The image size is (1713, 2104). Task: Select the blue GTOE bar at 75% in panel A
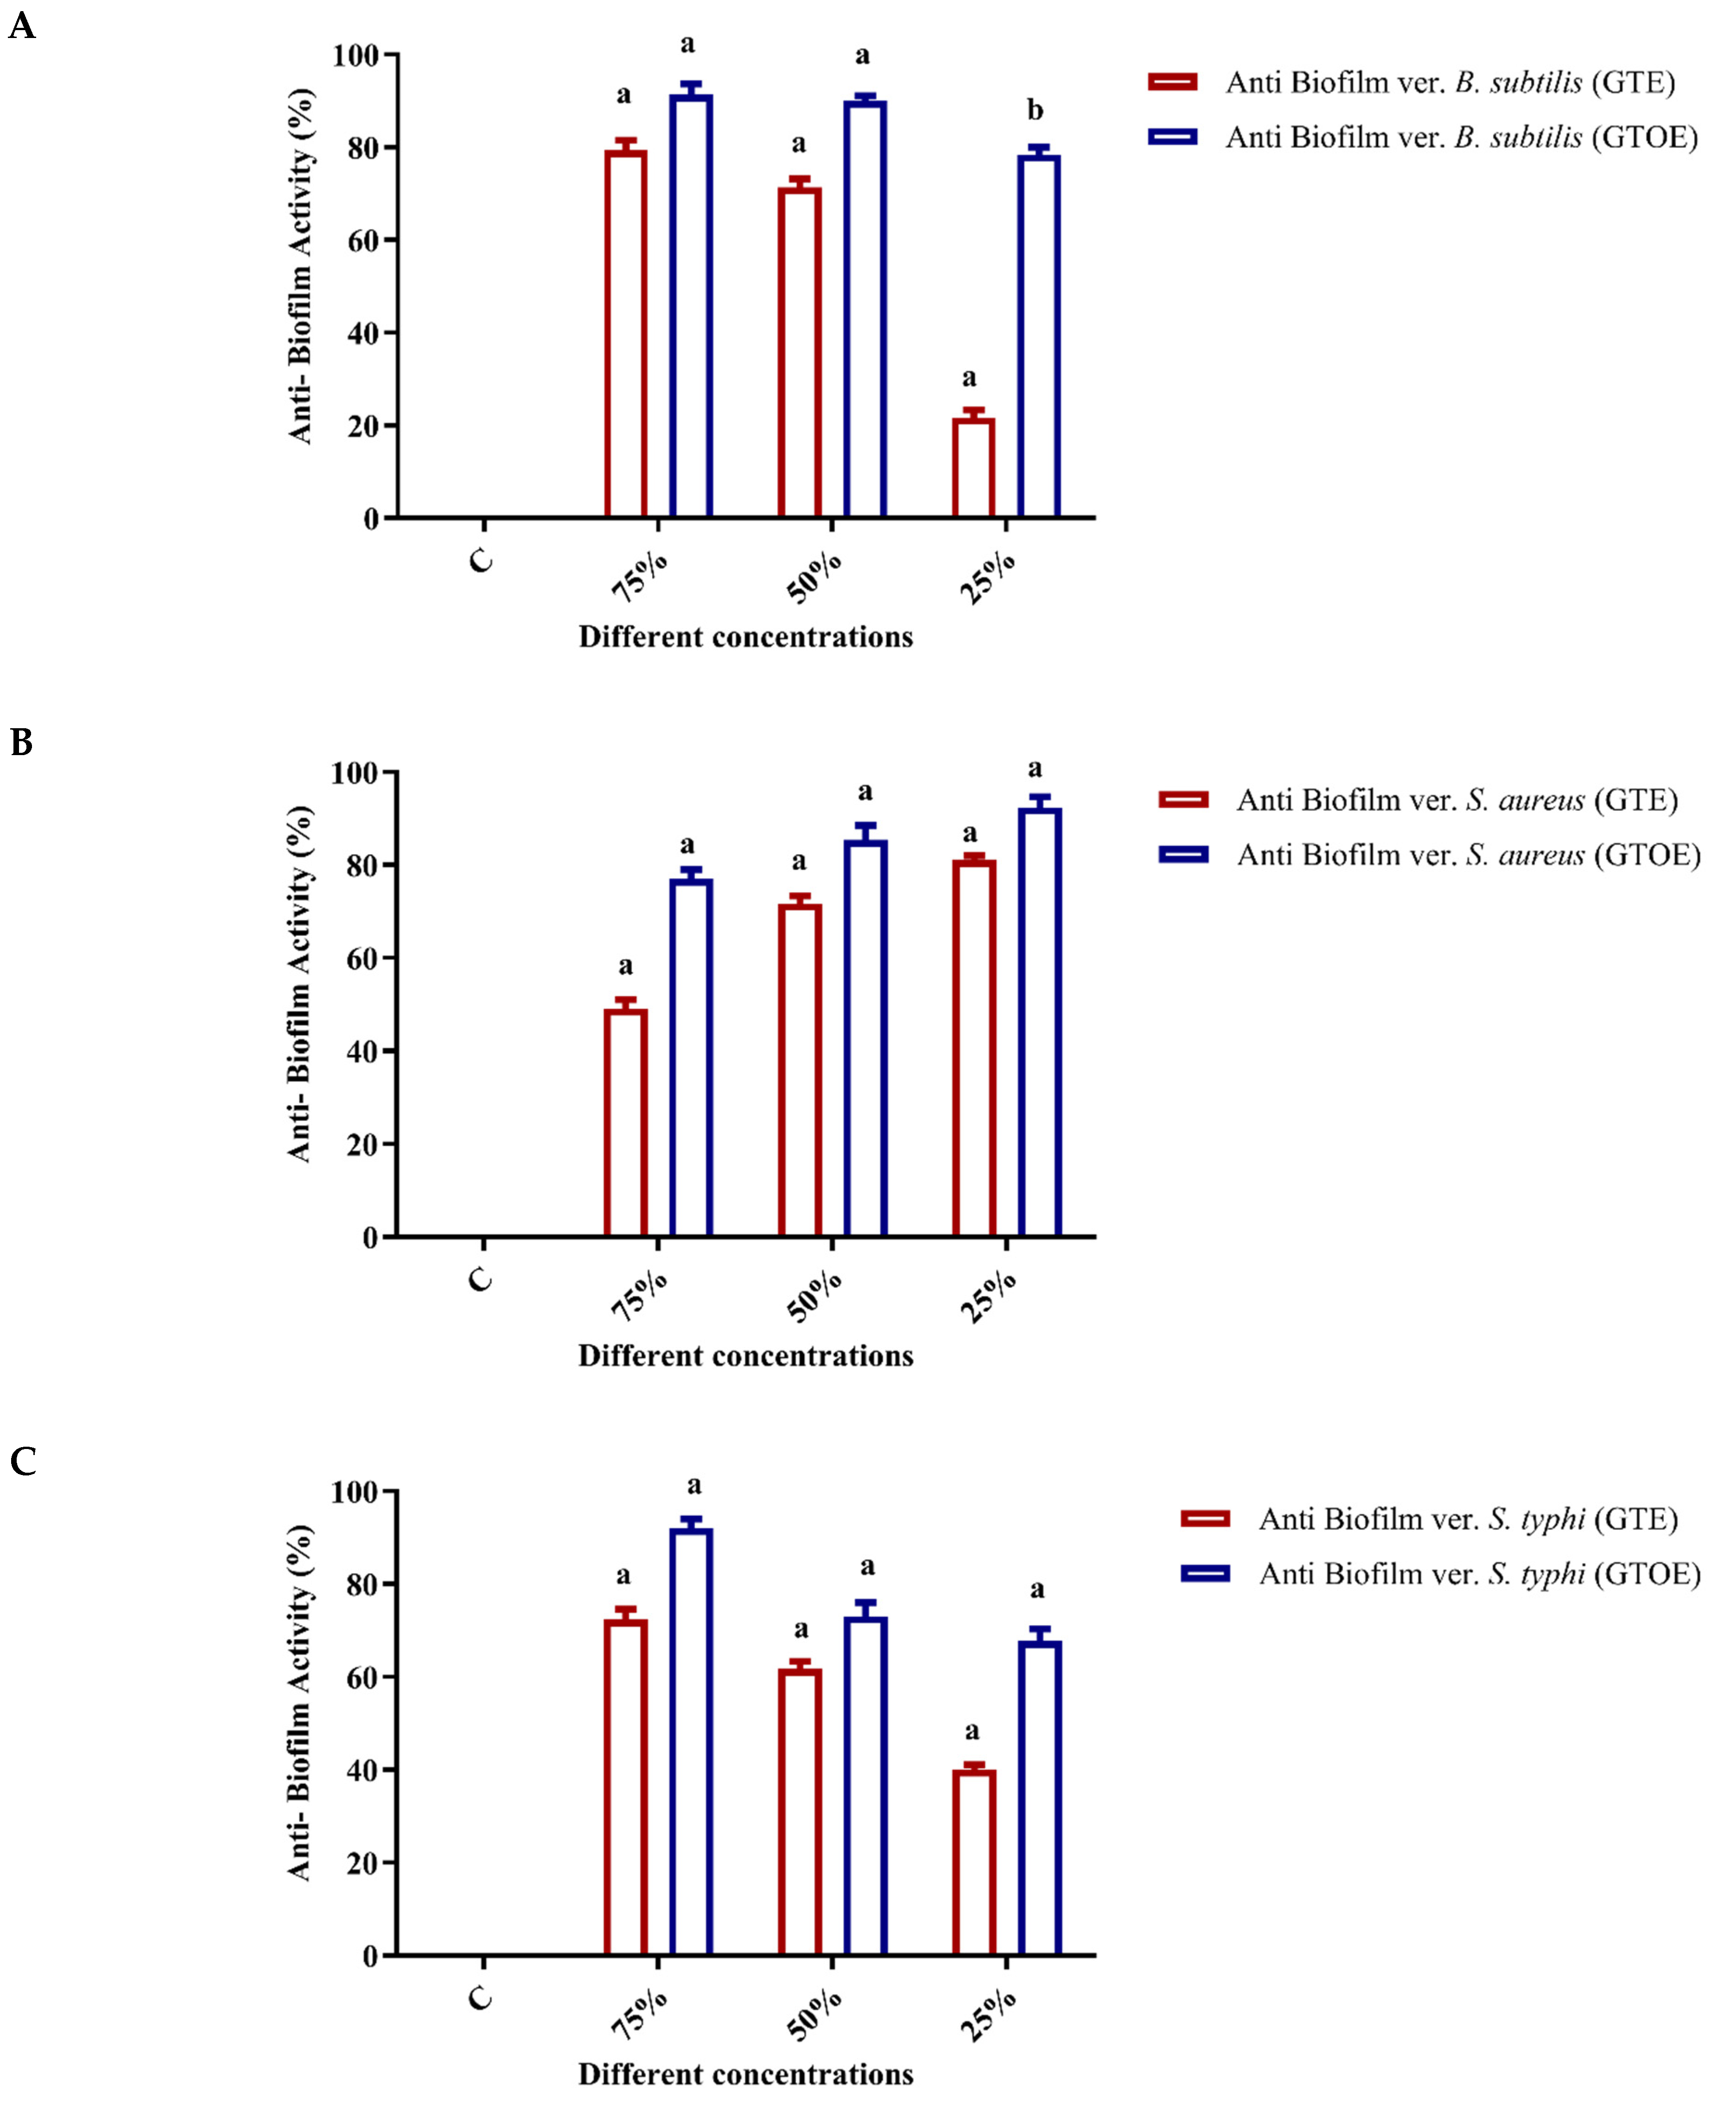click(691, 306)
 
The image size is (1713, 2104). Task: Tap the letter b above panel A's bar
click(1034, 109)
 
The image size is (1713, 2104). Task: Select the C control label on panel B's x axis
click(481, 1280)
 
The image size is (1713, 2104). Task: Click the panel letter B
click(22, 742)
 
